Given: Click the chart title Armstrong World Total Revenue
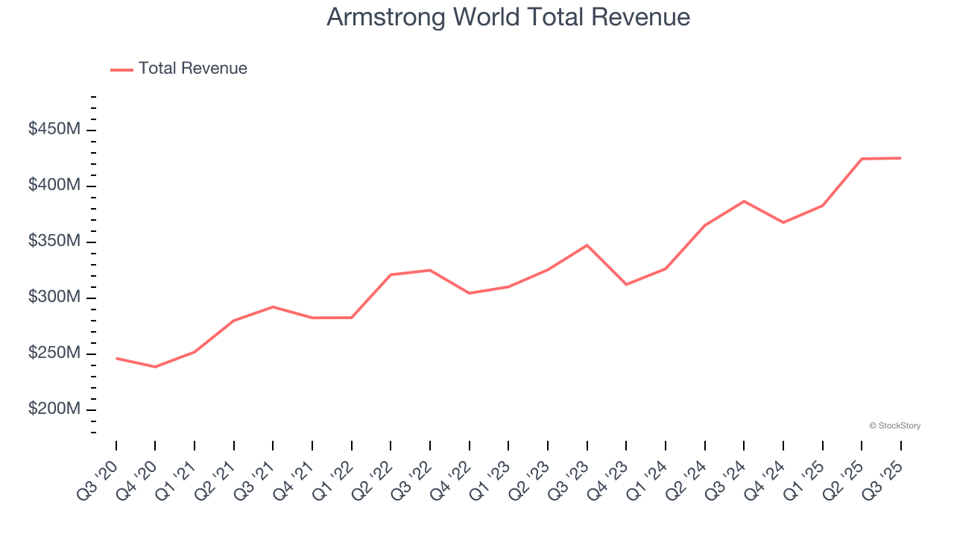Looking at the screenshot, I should [x=508, y=17].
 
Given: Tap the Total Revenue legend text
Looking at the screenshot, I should [x=192, y=69].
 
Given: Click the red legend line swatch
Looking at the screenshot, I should [x=121, y=69].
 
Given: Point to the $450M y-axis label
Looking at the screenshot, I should [x=54, y=130].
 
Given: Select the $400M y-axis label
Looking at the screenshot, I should [x=54, y=186].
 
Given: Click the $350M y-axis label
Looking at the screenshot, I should [x=54, y=242].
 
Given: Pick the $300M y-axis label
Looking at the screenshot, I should [x=54, y=298].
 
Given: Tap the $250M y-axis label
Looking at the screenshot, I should [x=54, y=354].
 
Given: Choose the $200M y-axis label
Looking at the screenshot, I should [x=54, y=409].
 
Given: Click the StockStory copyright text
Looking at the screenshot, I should [x=894, y=426].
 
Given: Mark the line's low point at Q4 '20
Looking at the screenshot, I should [x=155, y=367].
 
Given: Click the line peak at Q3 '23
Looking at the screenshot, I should [x=587, y=245].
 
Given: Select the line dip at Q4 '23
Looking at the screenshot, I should [x=626, y=284].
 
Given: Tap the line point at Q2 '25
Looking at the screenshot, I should [x=862, y=159].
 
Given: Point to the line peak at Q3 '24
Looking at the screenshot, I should [x=744, y=201].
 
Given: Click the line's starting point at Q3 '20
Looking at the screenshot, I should [x=116, y=358].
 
